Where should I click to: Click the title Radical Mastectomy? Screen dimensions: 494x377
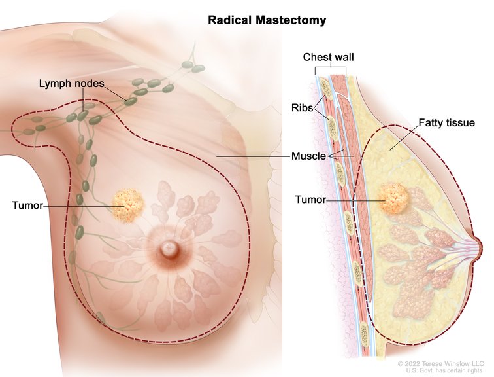[x=267, y=20]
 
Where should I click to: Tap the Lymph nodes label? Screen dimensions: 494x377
[x=71, y=84]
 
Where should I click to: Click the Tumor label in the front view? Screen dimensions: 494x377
[x=27, y=206]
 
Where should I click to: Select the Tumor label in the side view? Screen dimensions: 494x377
[x=310, y=200]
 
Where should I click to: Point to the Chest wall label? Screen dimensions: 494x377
[x=328, y=57]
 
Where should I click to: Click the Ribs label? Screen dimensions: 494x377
[x=302, y=108]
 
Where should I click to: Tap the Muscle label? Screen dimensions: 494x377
[x=308, y=156]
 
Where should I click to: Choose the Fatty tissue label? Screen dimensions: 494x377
[x=447, y=123]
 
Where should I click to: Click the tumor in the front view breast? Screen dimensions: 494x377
[x=128, y=206]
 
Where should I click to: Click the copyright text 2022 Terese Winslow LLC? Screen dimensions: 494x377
[x=440, y=363]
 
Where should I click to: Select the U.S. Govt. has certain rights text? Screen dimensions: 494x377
[x=444, y=370]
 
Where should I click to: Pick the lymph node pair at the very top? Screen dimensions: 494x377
[x=193, y=67]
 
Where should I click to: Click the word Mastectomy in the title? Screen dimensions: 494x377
[x=291, y=20]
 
